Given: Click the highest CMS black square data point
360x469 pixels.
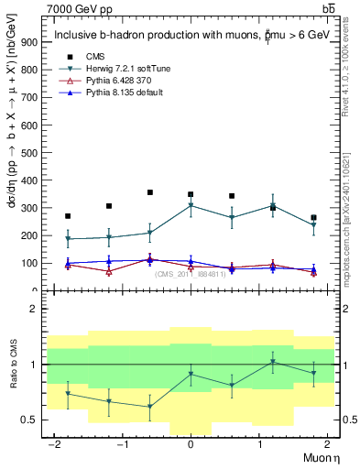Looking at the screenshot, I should (149, 192).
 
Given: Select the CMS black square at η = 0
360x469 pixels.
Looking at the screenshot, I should (191, 194).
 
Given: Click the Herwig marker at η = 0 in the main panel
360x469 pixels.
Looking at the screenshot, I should (191, 205).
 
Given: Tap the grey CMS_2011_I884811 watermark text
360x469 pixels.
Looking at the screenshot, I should (191, 274).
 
